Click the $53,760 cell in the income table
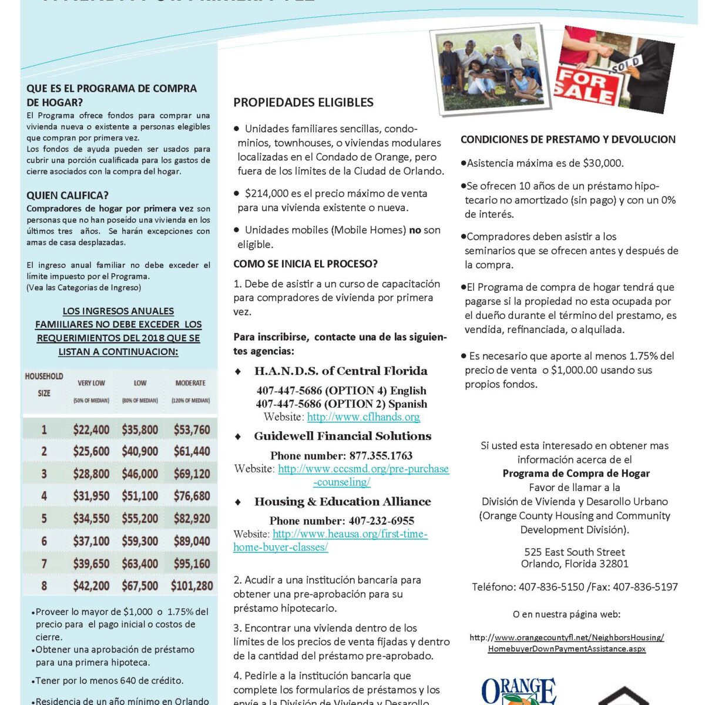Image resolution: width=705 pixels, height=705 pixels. pos(192,429)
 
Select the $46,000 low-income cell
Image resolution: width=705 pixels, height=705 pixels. pos(140,474)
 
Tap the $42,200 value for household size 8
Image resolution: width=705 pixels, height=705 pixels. pos(91,586)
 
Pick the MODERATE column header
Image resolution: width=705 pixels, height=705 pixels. pos(190,383)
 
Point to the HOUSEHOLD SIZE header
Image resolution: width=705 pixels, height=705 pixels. pos(44,385)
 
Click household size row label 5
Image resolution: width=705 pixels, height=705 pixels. pos(44,518)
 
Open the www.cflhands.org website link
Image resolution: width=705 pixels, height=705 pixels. pos(363,417)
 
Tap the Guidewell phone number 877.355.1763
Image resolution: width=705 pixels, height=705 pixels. pos(381,455)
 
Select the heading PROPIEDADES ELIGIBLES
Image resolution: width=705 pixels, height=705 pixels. pos(303,102)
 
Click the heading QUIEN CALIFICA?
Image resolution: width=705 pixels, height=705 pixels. pos(68,196)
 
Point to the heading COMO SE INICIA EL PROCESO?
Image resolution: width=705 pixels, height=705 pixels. pos(305,264)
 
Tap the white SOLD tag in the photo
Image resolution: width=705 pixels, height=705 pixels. pos(627,65)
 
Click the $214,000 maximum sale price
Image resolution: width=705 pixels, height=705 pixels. pos(266,193)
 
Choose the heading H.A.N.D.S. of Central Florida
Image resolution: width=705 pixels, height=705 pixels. pos(341,371)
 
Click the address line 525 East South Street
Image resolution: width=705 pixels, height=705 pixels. pos(575,552)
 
